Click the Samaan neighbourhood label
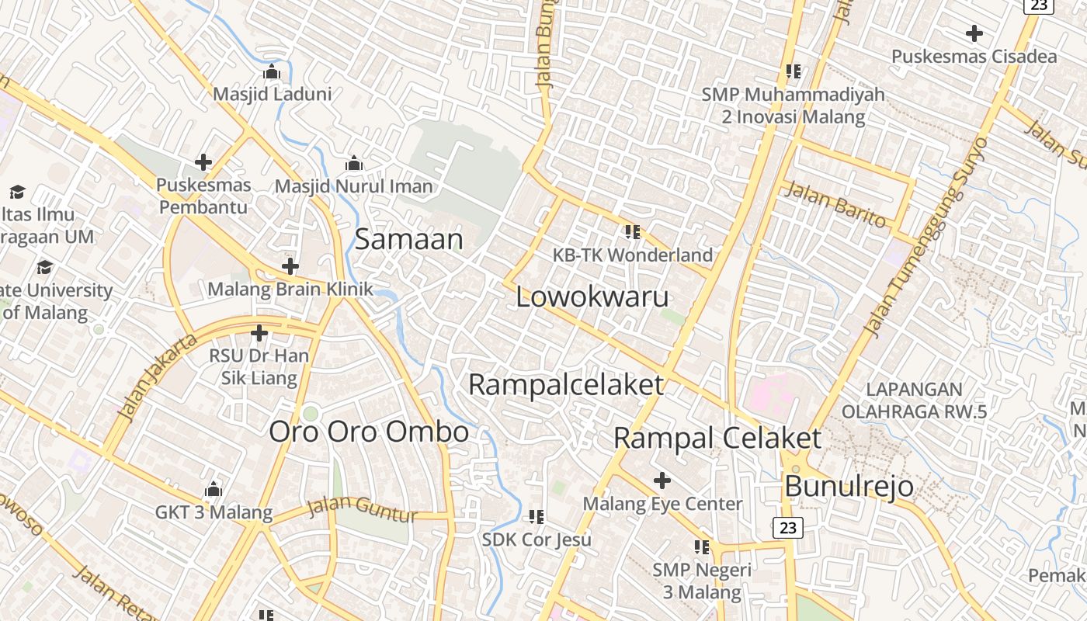pyautogui.click(x=408, y=239)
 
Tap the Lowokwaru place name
pyautogui.click(x=592, y=297)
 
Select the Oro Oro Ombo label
pyautogui.click(x=369, y=432)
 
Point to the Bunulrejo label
pyautogui.click(x=849, y=487)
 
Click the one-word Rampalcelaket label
pyautogui.click(x=566, y=384)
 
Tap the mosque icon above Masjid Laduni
pyautogui.click(x=272, y=71)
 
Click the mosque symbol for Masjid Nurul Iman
pyautogui.click(x=354, y=164)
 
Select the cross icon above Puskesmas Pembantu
pyautogui.click(x=203, y=162)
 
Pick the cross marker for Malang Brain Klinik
pyautogui.click(x=290, y=267)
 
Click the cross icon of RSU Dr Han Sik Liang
pyautogui.click(x=259, y=334)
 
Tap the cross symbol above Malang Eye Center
pyautogui.click(x=662, y=481)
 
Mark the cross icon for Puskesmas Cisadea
pyautogui.click(x=974, y=33)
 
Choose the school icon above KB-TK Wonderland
pyautogui.click(x=633, y=231)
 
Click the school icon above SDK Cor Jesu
pyautogui.click(x=536, y=516)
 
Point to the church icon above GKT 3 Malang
pyautogui.click(x=214, y=490)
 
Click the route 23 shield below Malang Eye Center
pyautogui.click(x=788, y=528)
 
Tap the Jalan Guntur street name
pyautogui.click(x=362, y=508)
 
